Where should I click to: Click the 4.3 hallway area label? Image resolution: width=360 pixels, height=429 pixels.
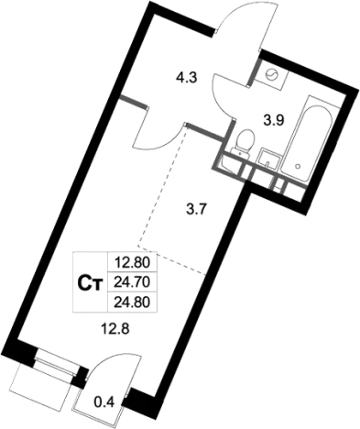[x=187, y=78]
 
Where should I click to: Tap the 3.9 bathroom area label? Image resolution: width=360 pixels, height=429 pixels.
[x=274, y=121]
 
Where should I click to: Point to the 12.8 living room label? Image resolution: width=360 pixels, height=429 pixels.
[x=115, y=329]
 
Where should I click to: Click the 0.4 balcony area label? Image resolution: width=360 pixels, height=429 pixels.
[x=104, y=402]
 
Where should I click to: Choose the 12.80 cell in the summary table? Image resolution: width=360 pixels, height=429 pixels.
[x=132, y=262]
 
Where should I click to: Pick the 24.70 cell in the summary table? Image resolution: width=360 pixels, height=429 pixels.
[x=132, y=282]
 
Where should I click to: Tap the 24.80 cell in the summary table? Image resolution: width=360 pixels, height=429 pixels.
[x=132, y=302]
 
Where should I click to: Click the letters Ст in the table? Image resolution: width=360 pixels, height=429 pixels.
[x=90, y=283]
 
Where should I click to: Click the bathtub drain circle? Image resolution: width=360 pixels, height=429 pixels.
[x=297, y=166]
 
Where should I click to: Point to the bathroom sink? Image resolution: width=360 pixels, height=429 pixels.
[x=269, y=158]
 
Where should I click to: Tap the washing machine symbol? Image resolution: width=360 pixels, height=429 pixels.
[x=271, y=75]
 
